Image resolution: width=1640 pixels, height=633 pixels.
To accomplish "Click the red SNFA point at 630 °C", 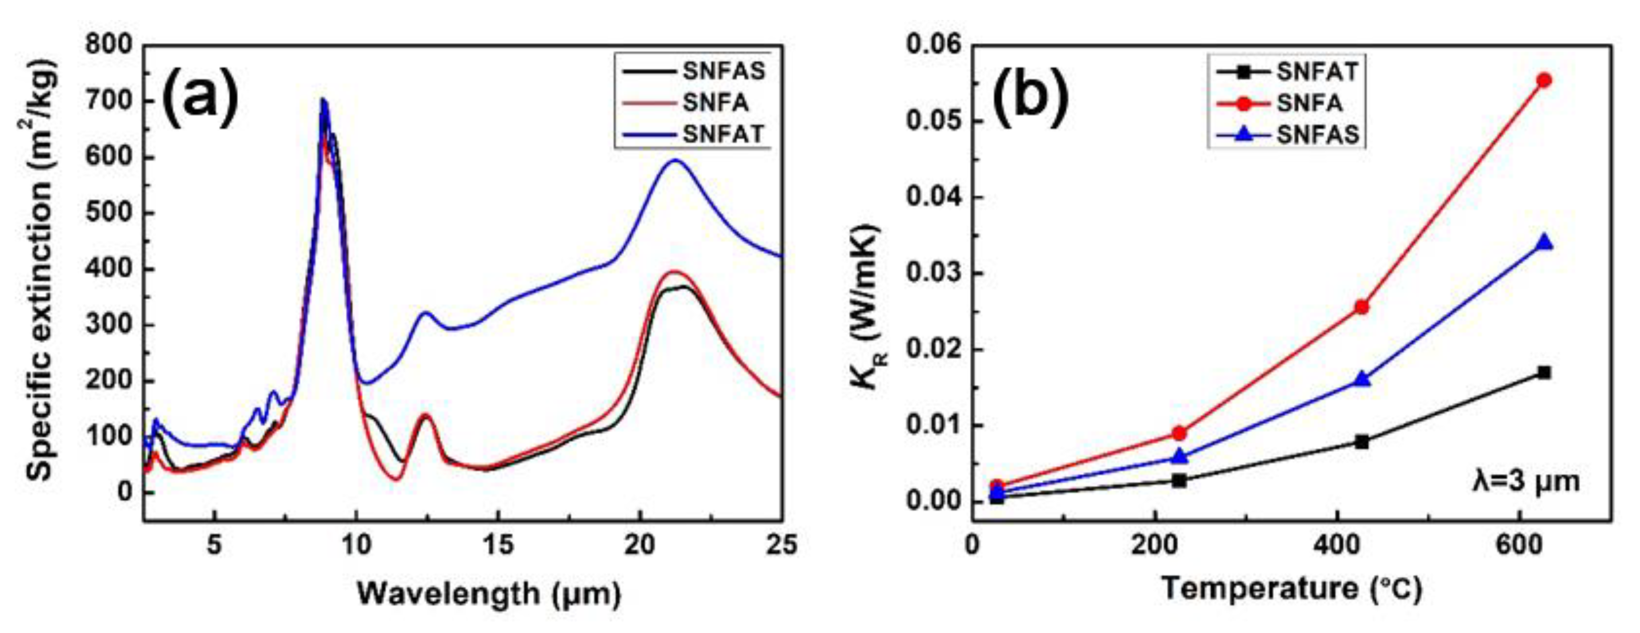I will pyautogui.click(x=1544, y=80).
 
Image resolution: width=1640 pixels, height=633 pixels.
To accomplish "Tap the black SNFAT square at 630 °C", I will pyautogui.click(x=1544, y=372).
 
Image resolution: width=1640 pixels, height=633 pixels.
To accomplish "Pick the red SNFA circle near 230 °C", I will pyautogui.click(x=1179, y=433).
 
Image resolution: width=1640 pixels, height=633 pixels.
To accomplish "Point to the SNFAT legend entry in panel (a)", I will pyautogui.click(x=723, y=134).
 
